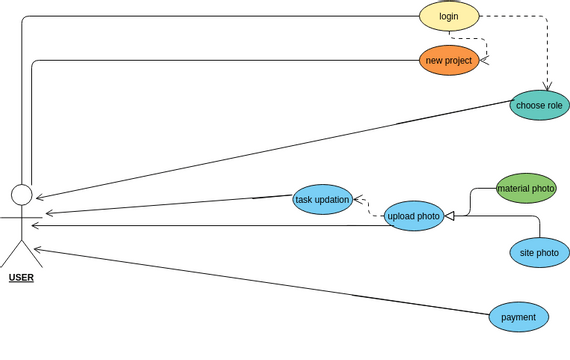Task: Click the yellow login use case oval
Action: pos(449,16)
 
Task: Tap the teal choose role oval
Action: pos(540,105)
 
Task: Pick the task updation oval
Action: pos(322,200)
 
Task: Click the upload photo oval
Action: pos(414,216)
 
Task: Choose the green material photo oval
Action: pos(526,188)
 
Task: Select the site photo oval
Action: pos(539,253)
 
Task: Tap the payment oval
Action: pos(519,317)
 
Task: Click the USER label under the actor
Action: pos(21,277)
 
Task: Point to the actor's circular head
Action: pos(22,194)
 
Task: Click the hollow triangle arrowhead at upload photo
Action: pos(450,216)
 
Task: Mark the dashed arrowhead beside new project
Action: pos(483,61)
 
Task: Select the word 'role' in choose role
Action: pos(554,105)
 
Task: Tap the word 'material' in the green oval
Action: pos(515,188)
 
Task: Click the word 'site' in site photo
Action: pos(527,253)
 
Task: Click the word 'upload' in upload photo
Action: pos(402,216)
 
